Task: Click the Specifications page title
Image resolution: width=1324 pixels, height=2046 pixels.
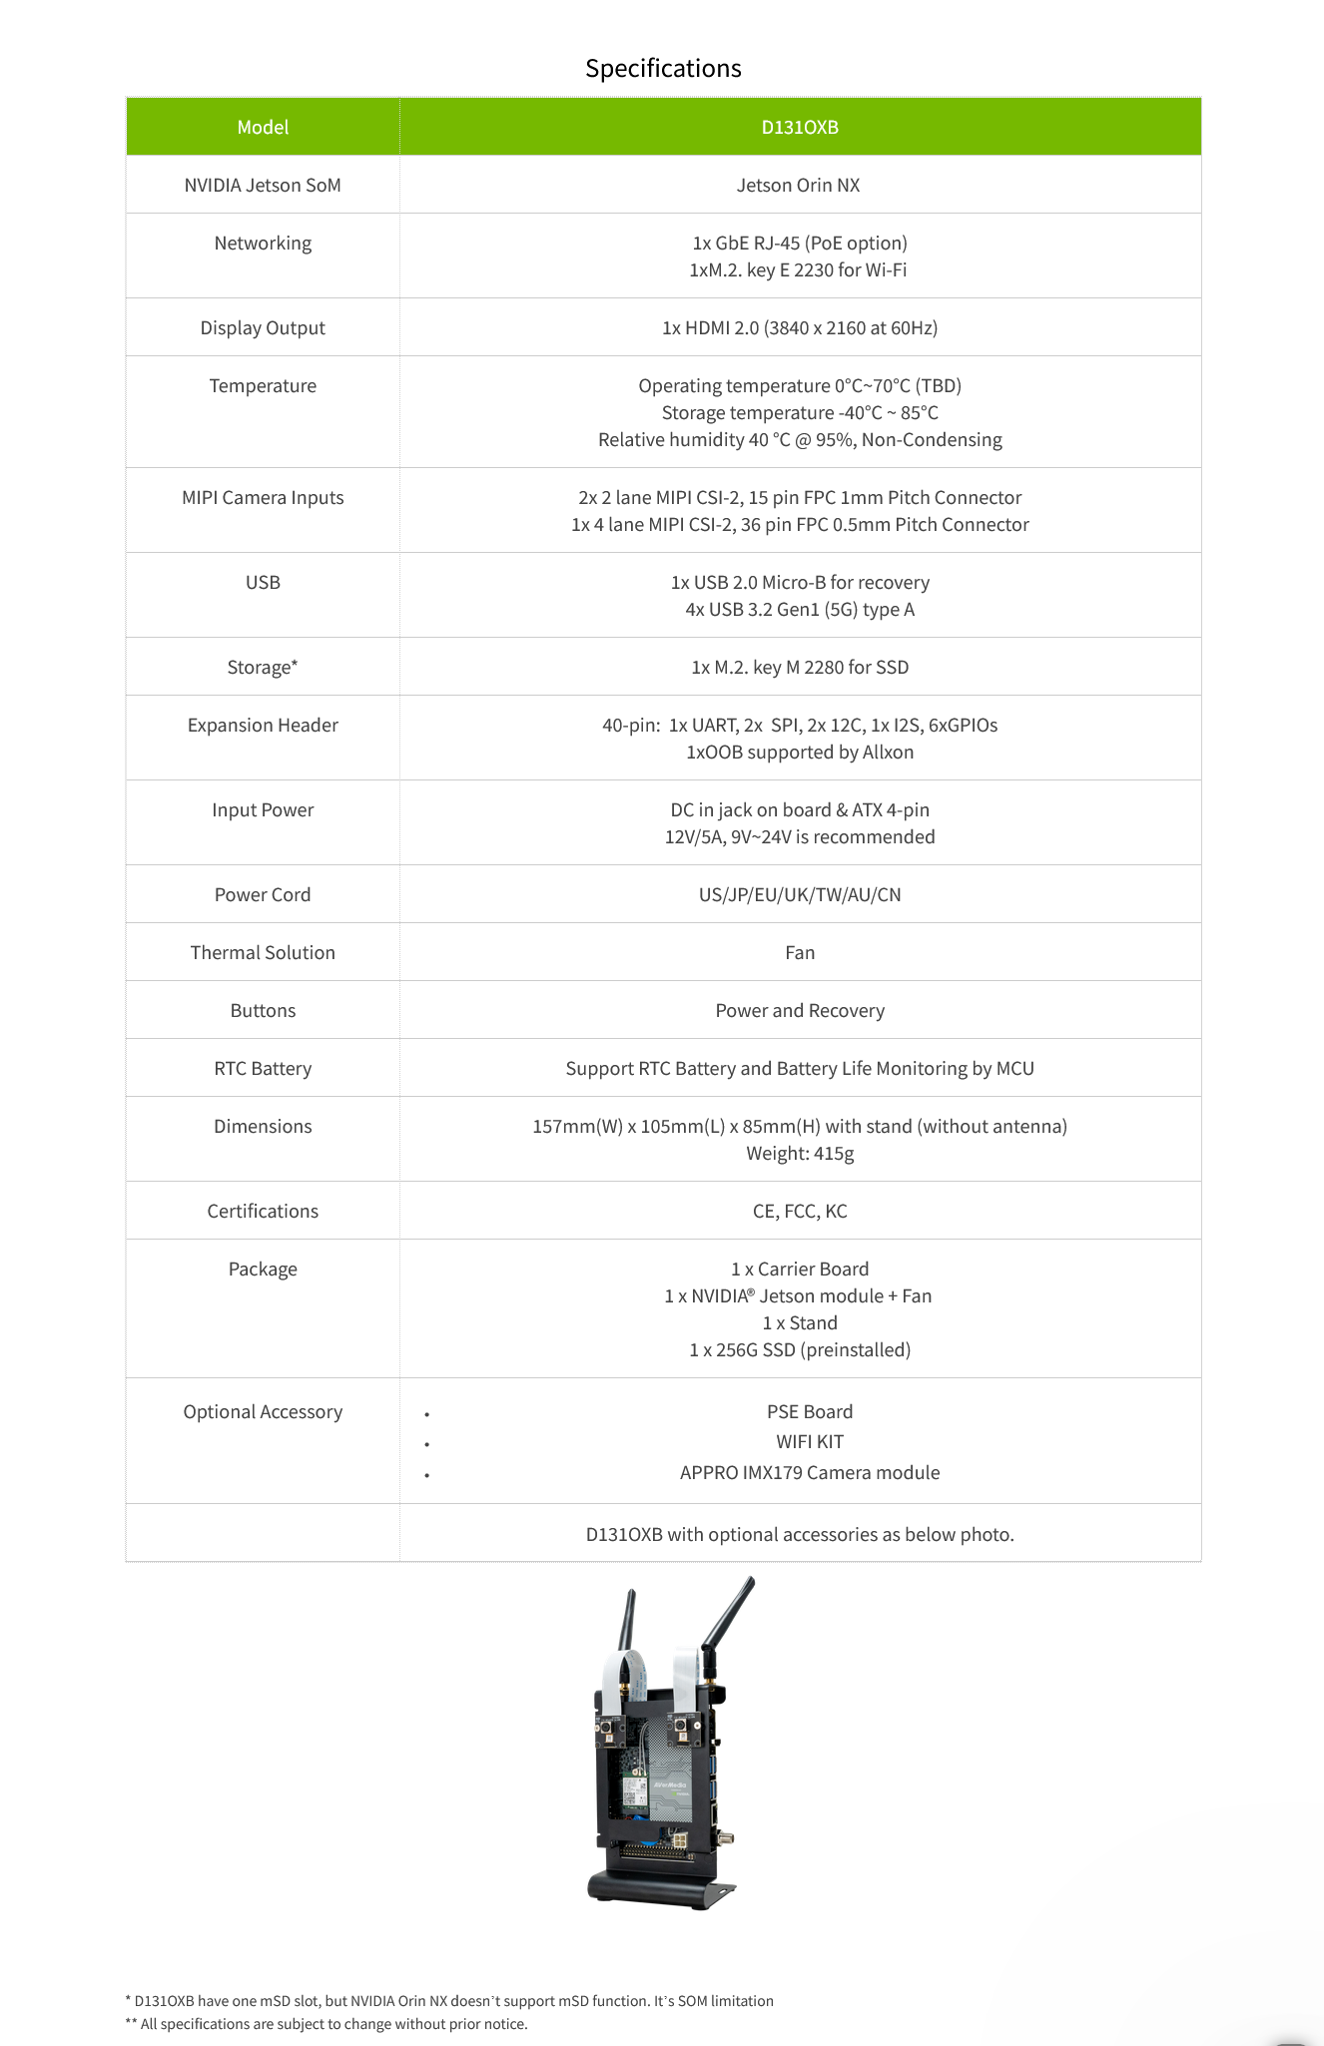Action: [663, 68]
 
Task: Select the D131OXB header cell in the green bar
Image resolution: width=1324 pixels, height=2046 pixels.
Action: [800, 127]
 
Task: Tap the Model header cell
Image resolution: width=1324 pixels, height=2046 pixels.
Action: [263, 127]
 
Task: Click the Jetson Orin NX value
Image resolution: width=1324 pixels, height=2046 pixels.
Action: [798, 185]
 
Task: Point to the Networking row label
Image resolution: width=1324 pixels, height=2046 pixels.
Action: [263, 243]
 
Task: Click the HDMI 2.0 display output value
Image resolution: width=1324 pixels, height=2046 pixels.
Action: [800, 327]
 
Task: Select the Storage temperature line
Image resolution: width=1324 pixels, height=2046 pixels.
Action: [800, 412]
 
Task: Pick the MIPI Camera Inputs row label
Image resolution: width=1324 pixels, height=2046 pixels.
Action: [263, 497]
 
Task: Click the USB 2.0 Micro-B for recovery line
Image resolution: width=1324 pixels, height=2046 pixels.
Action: [800, 582]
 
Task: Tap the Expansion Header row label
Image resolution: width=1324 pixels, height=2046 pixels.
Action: [263, 725]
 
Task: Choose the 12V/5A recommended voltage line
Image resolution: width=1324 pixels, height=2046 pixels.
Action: [800, 836]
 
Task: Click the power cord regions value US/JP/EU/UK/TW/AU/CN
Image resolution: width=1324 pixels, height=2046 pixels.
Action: [800, 894]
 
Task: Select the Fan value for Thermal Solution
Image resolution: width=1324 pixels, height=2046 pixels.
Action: [800, 952]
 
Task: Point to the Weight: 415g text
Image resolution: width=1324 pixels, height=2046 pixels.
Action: [800, 1153]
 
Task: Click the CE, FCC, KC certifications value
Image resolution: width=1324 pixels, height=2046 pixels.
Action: [800, 1211]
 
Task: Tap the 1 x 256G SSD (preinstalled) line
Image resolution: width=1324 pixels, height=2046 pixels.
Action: [800, 1349]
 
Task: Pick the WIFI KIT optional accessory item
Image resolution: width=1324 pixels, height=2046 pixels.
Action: [810, 1441]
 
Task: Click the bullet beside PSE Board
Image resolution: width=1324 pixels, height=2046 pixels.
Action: [426, 1414]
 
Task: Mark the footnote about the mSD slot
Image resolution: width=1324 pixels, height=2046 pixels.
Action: [449, 2000]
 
